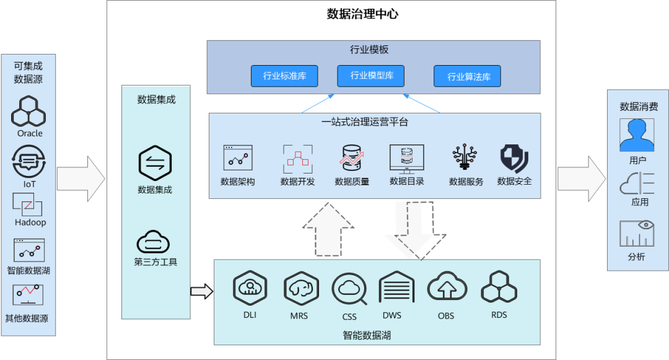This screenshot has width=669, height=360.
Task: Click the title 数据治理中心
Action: click(362, 14)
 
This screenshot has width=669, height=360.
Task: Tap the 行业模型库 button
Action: click(370, 76)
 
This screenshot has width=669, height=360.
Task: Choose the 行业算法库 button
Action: click(467, 76)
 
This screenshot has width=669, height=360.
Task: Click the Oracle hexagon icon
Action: click(30, 112)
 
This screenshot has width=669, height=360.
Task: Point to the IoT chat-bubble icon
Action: click(30, 162)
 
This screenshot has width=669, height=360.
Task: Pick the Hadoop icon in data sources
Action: click(28, 204)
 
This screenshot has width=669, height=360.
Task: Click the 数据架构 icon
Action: click(238, 159)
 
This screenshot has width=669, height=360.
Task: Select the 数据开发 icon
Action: click(297, 159)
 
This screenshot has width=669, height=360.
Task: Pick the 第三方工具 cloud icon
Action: click(153, 242)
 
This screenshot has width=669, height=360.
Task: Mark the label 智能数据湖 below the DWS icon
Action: click(367, 335)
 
